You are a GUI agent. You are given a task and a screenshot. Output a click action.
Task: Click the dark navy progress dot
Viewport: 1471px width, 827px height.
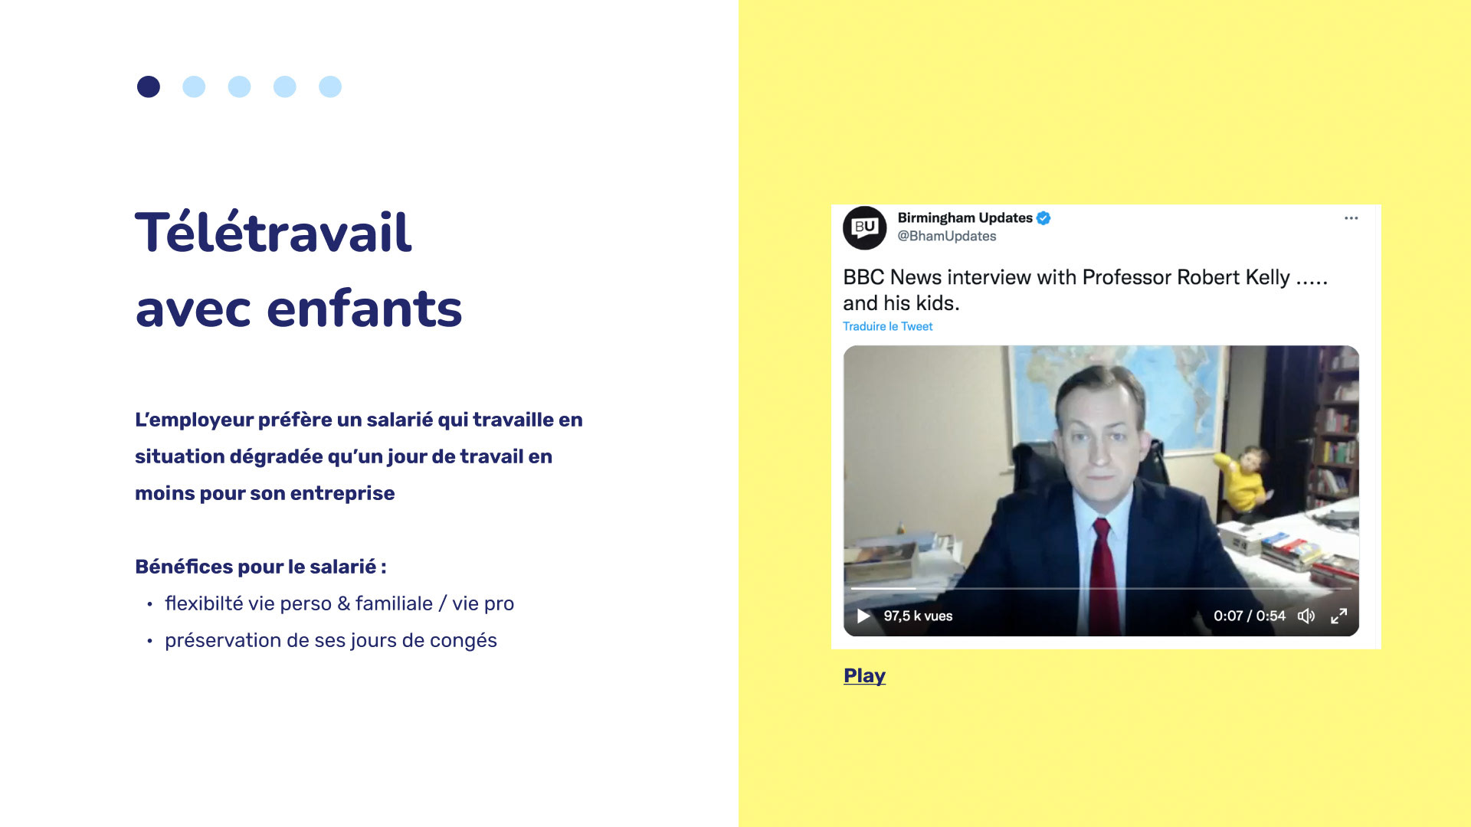149,87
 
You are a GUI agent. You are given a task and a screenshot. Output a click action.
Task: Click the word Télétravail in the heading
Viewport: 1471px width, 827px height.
274,232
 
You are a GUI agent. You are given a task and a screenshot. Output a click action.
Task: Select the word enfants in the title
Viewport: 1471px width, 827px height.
364,309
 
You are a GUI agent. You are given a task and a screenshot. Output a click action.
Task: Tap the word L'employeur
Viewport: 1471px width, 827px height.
194,420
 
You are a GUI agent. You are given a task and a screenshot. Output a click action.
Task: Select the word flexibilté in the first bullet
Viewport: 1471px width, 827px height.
204,603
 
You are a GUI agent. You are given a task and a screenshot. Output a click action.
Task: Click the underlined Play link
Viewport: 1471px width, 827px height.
864,675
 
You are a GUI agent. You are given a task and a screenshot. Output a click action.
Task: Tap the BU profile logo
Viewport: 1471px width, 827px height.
864,227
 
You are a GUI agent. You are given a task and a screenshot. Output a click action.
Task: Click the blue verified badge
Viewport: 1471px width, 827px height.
1043,218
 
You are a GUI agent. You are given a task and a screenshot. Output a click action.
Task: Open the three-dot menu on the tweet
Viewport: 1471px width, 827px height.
1351,218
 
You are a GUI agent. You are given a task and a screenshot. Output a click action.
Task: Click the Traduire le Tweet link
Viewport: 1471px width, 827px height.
887,326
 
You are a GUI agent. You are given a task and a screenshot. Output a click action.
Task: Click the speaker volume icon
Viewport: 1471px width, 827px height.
1306,616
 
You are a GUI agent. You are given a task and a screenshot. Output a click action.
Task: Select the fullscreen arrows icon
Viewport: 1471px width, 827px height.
1338,616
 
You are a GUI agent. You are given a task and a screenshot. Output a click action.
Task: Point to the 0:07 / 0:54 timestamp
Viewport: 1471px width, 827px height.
1249,616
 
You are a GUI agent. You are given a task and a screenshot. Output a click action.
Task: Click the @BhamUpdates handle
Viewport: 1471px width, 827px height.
946,237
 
